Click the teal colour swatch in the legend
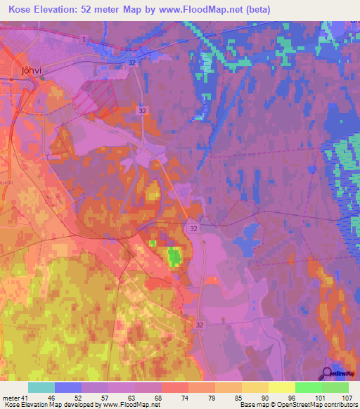pos(41,387)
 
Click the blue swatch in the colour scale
pos(68,387)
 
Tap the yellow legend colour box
pos(281,387)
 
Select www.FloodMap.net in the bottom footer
pos(131,405)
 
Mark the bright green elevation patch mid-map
pos(173,257)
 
